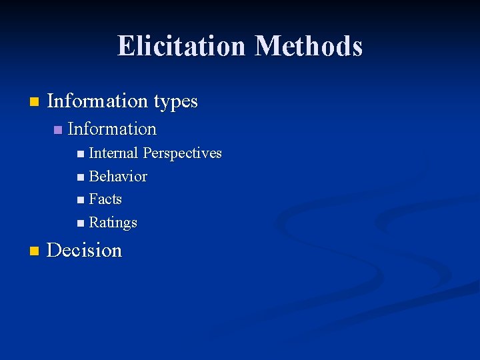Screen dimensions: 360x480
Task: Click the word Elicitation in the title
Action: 183,46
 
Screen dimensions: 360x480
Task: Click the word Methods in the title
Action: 309,46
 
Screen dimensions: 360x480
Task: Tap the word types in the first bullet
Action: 176,101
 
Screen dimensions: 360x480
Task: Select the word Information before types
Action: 98,101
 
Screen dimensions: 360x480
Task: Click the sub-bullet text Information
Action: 112,129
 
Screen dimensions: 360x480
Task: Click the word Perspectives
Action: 182,153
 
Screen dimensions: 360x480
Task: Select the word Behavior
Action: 118,177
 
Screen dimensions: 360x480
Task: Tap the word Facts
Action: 105,199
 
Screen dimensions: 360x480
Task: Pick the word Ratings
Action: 113,223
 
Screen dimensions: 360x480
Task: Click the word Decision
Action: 85,251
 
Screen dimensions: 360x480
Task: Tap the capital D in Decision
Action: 55,251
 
